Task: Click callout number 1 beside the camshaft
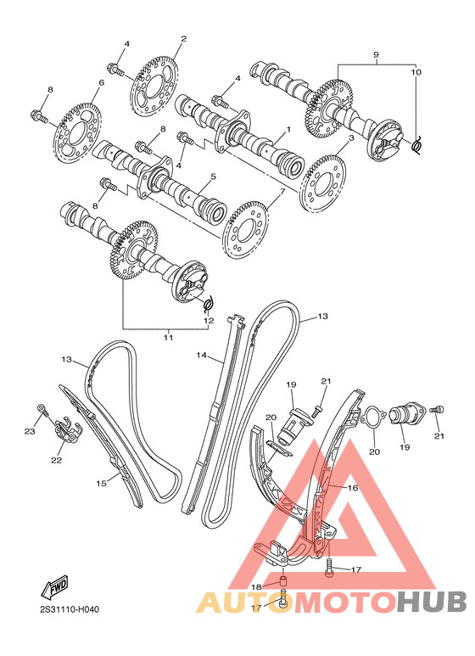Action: click(288, 130)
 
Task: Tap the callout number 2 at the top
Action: click(183, 39)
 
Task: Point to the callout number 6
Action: click(101, 82)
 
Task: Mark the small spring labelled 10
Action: click(418, 147)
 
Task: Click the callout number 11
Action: click(168, 338)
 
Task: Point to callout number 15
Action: click(101, 483)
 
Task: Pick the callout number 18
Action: click(255, 586)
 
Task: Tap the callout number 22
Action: click(56, 461)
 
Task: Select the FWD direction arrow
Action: click(57, 586)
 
